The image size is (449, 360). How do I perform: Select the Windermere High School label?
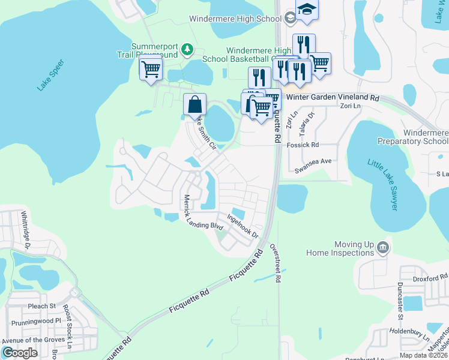pyautogui.click(x=235, y=19)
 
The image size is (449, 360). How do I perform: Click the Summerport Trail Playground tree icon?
pyautogui.click(x=187, y=49)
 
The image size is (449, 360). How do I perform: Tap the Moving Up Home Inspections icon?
pyautogui.click(x=382, y=246)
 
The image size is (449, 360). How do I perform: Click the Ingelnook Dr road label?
pyautogui.click(x=242, y=225)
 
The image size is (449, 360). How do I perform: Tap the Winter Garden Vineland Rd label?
pyautogui.click(x=333, y=97)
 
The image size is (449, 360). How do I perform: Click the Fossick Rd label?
pyautogui.click(x=303, y=145)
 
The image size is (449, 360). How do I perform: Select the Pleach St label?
pyautogui.click(x=41, y=306)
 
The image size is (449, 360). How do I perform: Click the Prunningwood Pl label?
pyautogui.click(x=36, y=321)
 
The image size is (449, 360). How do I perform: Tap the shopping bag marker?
pyautogui.click(x=194, y=104)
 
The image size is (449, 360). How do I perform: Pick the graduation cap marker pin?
pyautogui.click(x=306, y=10)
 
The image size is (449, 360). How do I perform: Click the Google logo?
pyautogui.click(x=20, y=353)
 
